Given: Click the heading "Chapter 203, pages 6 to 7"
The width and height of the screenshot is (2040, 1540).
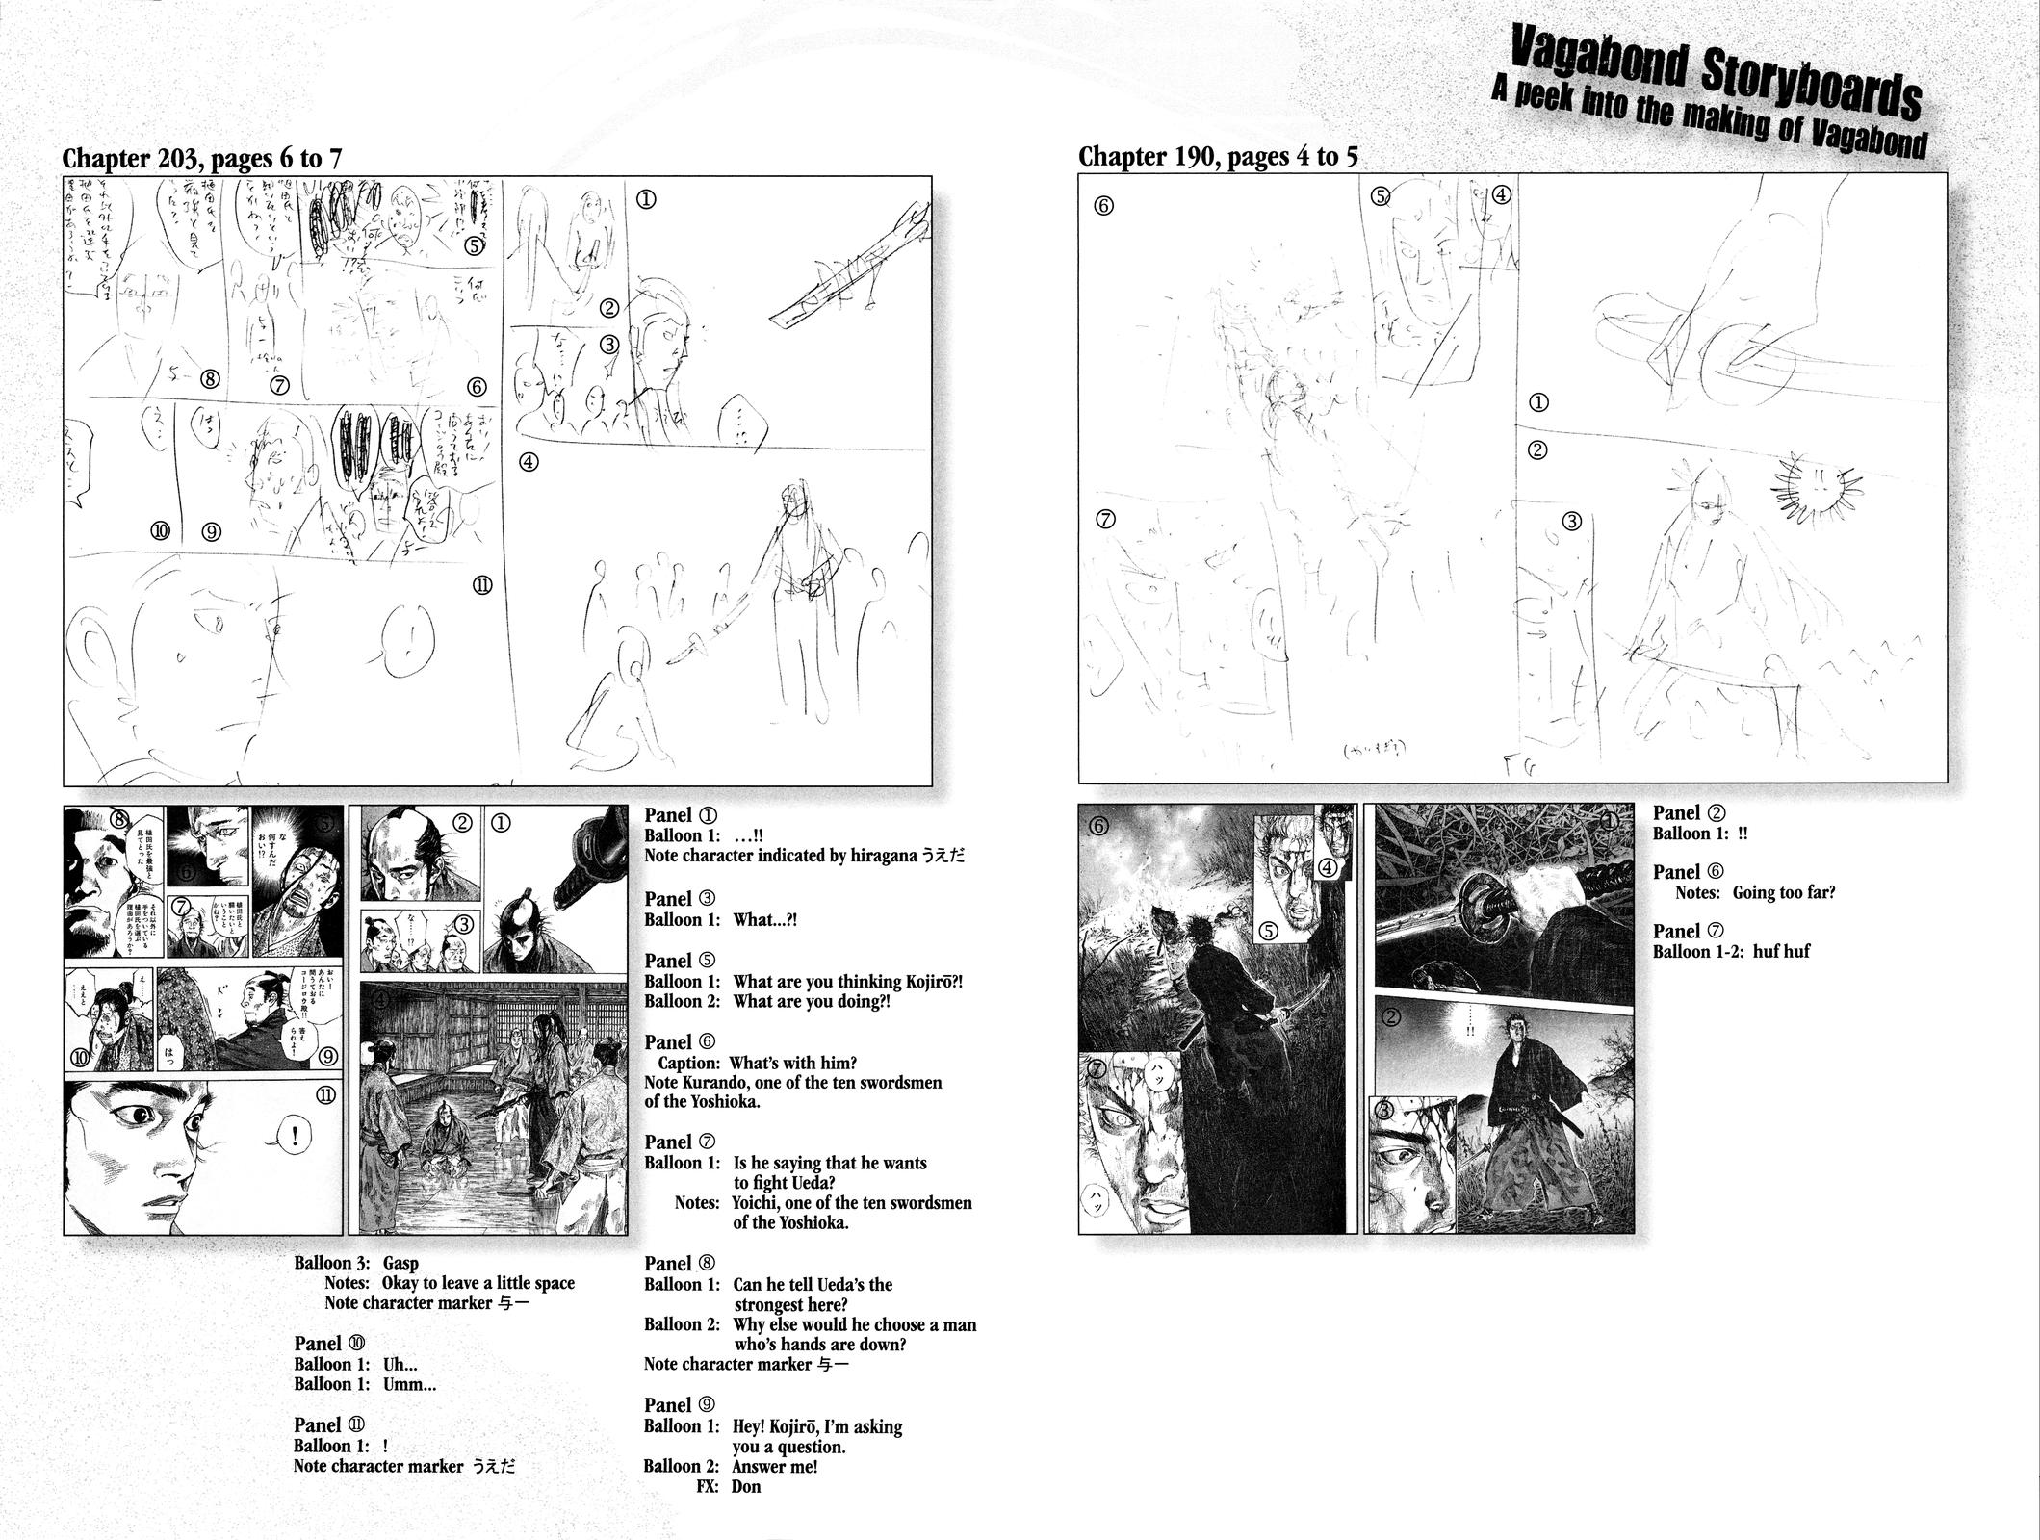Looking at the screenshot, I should point(201,159).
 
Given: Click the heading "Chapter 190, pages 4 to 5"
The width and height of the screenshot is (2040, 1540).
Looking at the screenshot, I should point(1218,157).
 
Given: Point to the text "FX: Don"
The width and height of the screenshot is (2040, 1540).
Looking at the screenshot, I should point(728,1487).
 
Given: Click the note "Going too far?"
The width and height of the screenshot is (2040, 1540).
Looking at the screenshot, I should point(1784,892).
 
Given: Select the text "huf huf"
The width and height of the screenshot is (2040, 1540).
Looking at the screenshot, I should point(1783,951).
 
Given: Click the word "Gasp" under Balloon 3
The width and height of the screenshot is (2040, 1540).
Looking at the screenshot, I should point(400,1263).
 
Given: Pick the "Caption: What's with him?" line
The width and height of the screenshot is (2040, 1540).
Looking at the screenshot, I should point(757,1063).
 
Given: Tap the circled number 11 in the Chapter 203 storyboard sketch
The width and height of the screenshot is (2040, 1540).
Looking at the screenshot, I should point(483,585).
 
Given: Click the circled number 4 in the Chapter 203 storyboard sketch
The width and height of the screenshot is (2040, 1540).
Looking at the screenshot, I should point(529,462).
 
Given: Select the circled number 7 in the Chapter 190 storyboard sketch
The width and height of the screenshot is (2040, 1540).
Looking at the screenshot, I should point(1105,520).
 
